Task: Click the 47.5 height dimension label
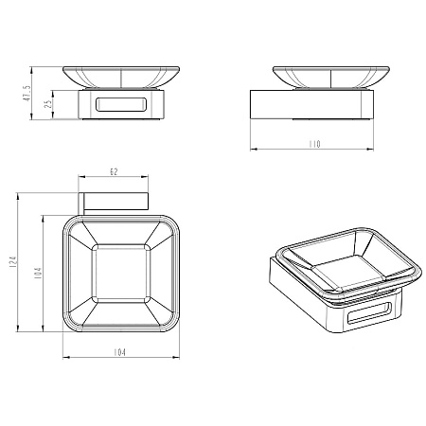27,93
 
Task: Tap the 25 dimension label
48,104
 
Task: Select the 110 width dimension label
314,144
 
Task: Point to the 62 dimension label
114,172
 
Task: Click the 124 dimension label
13,262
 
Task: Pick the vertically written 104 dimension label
38,274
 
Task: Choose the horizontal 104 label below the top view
119,352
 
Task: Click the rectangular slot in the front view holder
121,104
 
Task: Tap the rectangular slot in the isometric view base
369,313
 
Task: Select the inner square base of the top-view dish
121,274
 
